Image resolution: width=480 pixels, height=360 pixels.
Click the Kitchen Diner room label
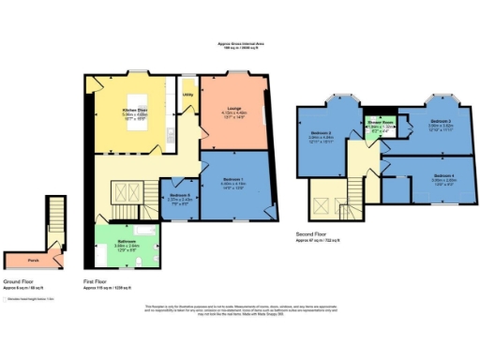tap(136, 111)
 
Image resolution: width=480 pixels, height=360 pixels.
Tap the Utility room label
tap(187, 95)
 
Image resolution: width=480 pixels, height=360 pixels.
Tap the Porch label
tap(33, 260)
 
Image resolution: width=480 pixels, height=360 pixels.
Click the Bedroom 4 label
tap(443, 175)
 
